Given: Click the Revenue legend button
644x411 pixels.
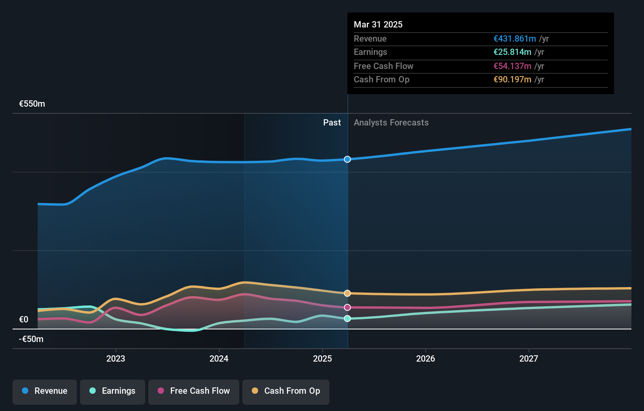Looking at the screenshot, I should coord(45,391).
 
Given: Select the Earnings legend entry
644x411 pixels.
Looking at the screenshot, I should coord(113,391).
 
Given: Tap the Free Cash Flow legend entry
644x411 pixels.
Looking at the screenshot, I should coord(194,391).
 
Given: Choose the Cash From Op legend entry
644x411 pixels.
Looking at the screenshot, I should coord(286,391).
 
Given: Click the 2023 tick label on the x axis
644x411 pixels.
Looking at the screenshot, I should coord(116,358).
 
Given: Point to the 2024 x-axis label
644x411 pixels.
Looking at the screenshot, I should coord(219,358).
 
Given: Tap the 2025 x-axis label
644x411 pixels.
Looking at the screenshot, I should coord(322,358).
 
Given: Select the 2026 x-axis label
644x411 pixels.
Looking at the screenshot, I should coord(426,358).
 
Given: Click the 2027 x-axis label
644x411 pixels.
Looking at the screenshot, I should coord(529,358).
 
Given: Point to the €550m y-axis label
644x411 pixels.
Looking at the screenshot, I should coord(32,104).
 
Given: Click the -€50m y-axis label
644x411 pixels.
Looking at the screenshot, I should coord(31,339).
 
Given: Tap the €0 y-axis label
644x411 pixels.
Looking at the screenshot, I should coord(24,320).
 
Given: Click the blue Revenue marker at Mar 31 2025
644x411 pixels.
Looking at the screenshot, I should coord(347,159).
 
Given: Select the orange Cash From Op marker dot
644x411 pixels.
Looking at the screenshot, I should coord(347,293).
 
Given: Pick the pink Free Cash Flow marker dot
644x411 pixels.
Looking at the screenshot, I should coord(347,307).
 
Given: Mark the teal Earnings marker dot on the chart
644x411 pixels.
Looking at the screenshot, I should coord(347,318).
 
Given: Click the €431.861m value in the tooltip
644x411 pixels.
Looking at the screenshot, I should coord(515,39).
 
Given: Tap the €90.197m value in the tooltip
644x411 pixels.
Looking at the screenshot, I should coord(512,80).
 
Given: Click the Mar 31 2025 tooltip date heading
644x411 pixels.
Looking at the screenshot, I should coord(378,24).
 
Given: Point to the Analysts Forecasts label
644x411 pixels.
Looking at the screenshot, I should coord(391,123).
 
